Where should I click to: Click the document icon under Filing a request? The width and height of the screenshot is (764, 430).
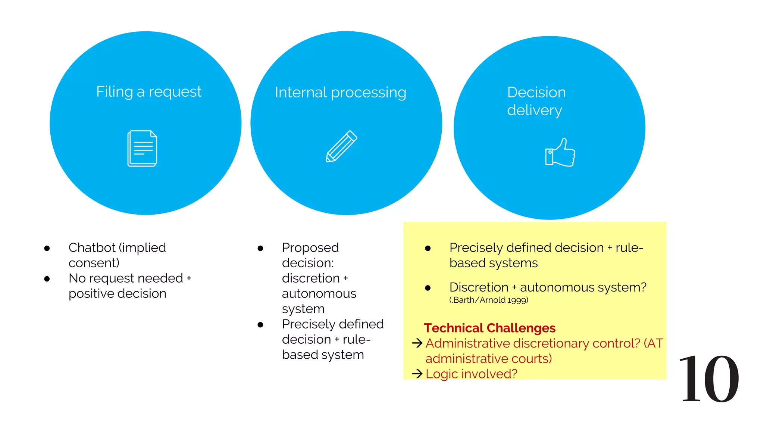pos(142,148)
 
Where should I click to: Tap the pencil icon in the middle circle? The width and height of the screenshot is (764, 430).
pos(341,146)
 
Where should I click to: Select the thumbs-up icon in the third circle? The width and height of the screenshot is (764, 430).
pos(560,153)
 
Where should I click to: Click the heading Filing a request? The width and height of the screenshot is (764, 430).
pos(148,92)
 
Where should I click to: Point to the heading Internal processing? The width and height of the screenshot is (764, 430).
pos(340,93)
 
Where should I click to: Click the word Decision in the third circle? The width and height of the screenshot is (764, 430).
pos(536,92)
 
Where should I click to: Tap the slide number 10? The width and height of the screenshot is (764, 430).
pos(708,379)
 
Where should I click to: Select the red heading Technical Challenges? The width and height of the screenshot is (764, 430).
pos(489,328)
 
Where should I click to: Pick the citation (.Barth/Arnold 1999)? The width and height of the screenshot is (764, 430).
pos(489,300)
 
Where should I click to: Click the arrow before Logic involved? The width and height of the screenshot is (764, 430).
pos(417,373)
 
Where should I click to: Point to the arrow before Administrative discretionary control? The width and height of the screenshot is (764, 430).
pos(417,343)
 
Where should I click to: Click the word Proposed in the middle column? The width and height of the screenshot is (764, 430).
pos(310,247)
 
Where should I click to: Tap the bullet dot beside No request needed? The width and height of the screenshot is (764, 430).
pos(47,278)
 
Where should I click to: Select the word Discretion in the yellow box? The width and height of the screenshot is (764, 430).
pos(479,287)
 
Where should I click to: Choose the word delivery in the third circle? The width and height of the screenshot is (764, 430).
pos(534,110)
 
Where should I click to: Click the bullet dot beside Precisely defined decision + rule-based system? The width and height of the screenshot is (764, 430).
pos(260,325)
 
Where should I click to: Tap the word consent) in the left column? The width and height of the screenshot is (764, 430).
pos(94,263)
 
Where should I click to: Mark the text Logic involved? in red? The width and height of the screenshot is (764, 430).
pos(471,374)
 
